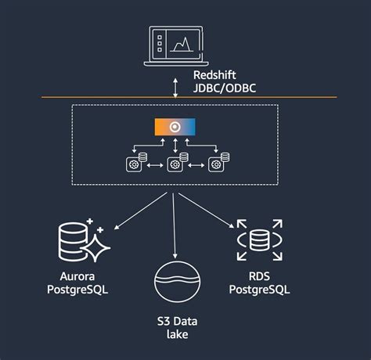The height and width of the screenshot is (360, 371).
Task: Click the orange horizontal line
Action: point(78,97)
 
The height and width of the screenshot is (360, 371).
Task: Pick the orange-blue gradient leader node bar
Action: point(175,127)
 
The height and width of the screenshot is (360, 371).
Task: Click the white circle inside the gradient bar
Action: point(175,127)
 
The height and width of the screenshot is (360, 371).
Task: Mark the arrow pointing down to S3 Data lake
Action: point(175,227)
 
